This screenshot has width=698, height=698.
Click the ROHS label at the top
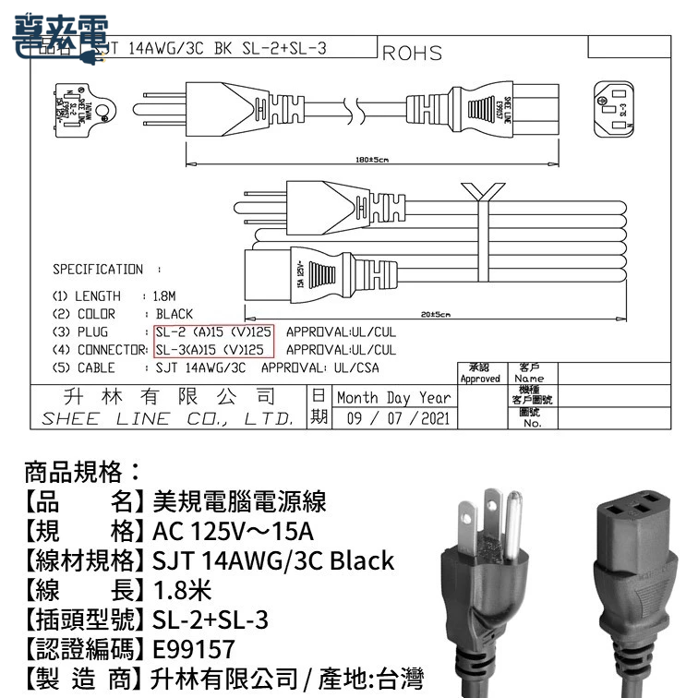(x=412, y=54)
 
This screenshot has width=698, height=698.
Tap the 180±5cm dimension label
(x=370, y=160)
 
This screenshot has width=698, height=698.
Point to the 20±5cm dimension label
(x=434, y=316)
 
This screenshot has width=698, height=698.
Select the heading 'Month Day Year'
(x=393, y=398)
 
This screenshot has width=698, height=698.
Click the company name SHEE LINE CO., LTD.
(x=167, y=418)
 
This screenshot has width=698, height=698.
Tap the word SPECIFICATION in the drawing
(x=98, y=270)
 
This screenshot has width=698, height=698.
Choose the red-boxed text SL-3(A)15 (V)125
(x=212, y=350)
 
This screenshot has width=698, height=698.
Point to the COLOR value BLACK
(x=174, y=314)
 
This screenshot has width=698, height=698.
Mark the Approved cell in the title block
(x=480, y=379)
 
